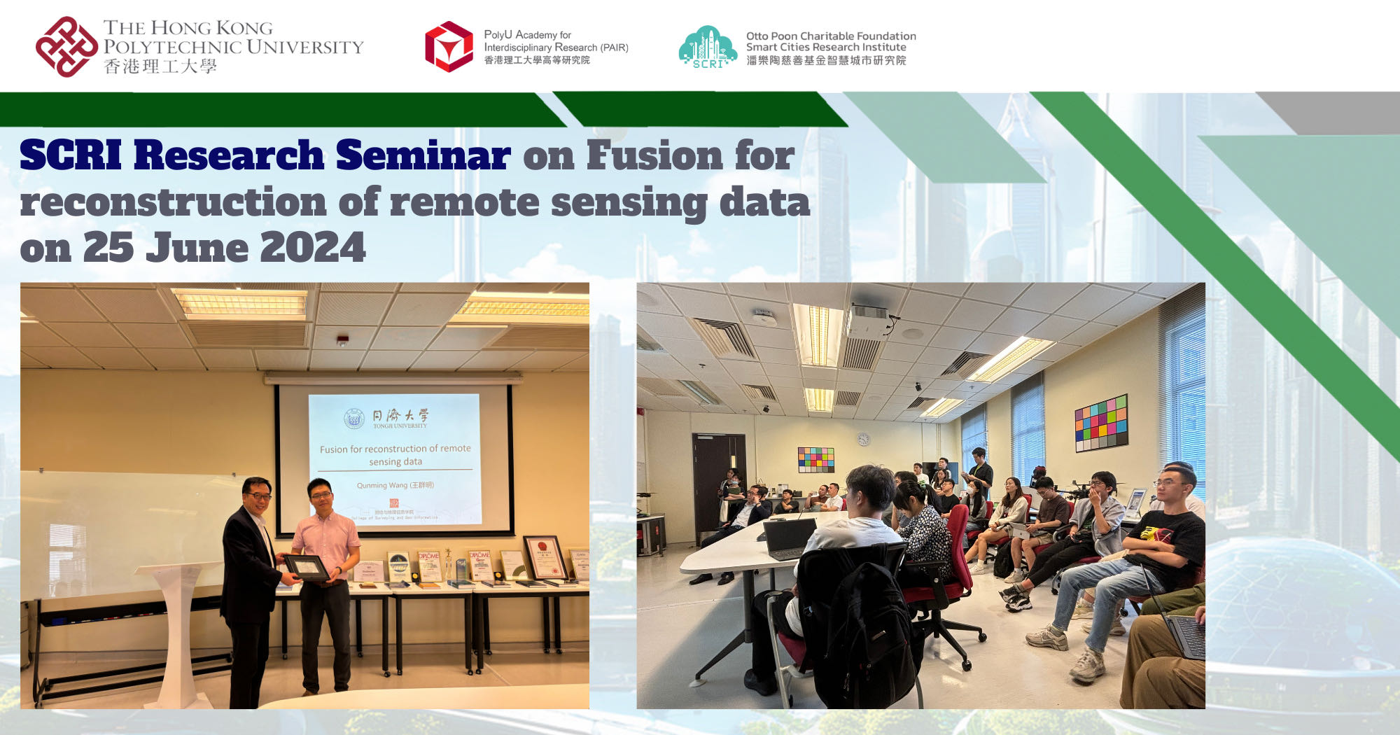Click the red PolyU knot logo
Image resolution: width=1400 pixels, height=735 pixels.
click(66, 46)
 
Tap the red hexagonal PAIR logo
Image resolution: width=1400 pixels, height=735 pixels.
click(449, 46)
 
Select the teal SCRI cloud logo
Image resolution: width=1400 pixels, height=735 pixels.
click(707, 47)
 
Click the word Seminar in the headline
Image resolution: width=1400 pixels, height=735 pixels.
click(423, 155)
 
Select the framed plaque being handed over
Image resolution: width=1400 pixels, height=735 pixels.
click(306, 567)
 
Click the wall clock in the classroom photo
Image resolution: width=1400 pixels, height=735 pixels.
click(864, 439)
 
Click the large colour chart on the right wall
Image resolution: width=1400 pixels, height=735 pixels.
click(1101, 423)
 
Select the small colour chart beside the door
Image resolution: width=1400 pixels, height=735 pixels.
click(815, 460)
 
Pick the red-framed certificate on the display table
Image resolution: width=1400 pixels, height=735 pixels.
click(545, 558)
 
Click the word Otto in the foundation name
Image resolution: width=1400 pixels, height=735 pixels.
click(757, 36)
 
